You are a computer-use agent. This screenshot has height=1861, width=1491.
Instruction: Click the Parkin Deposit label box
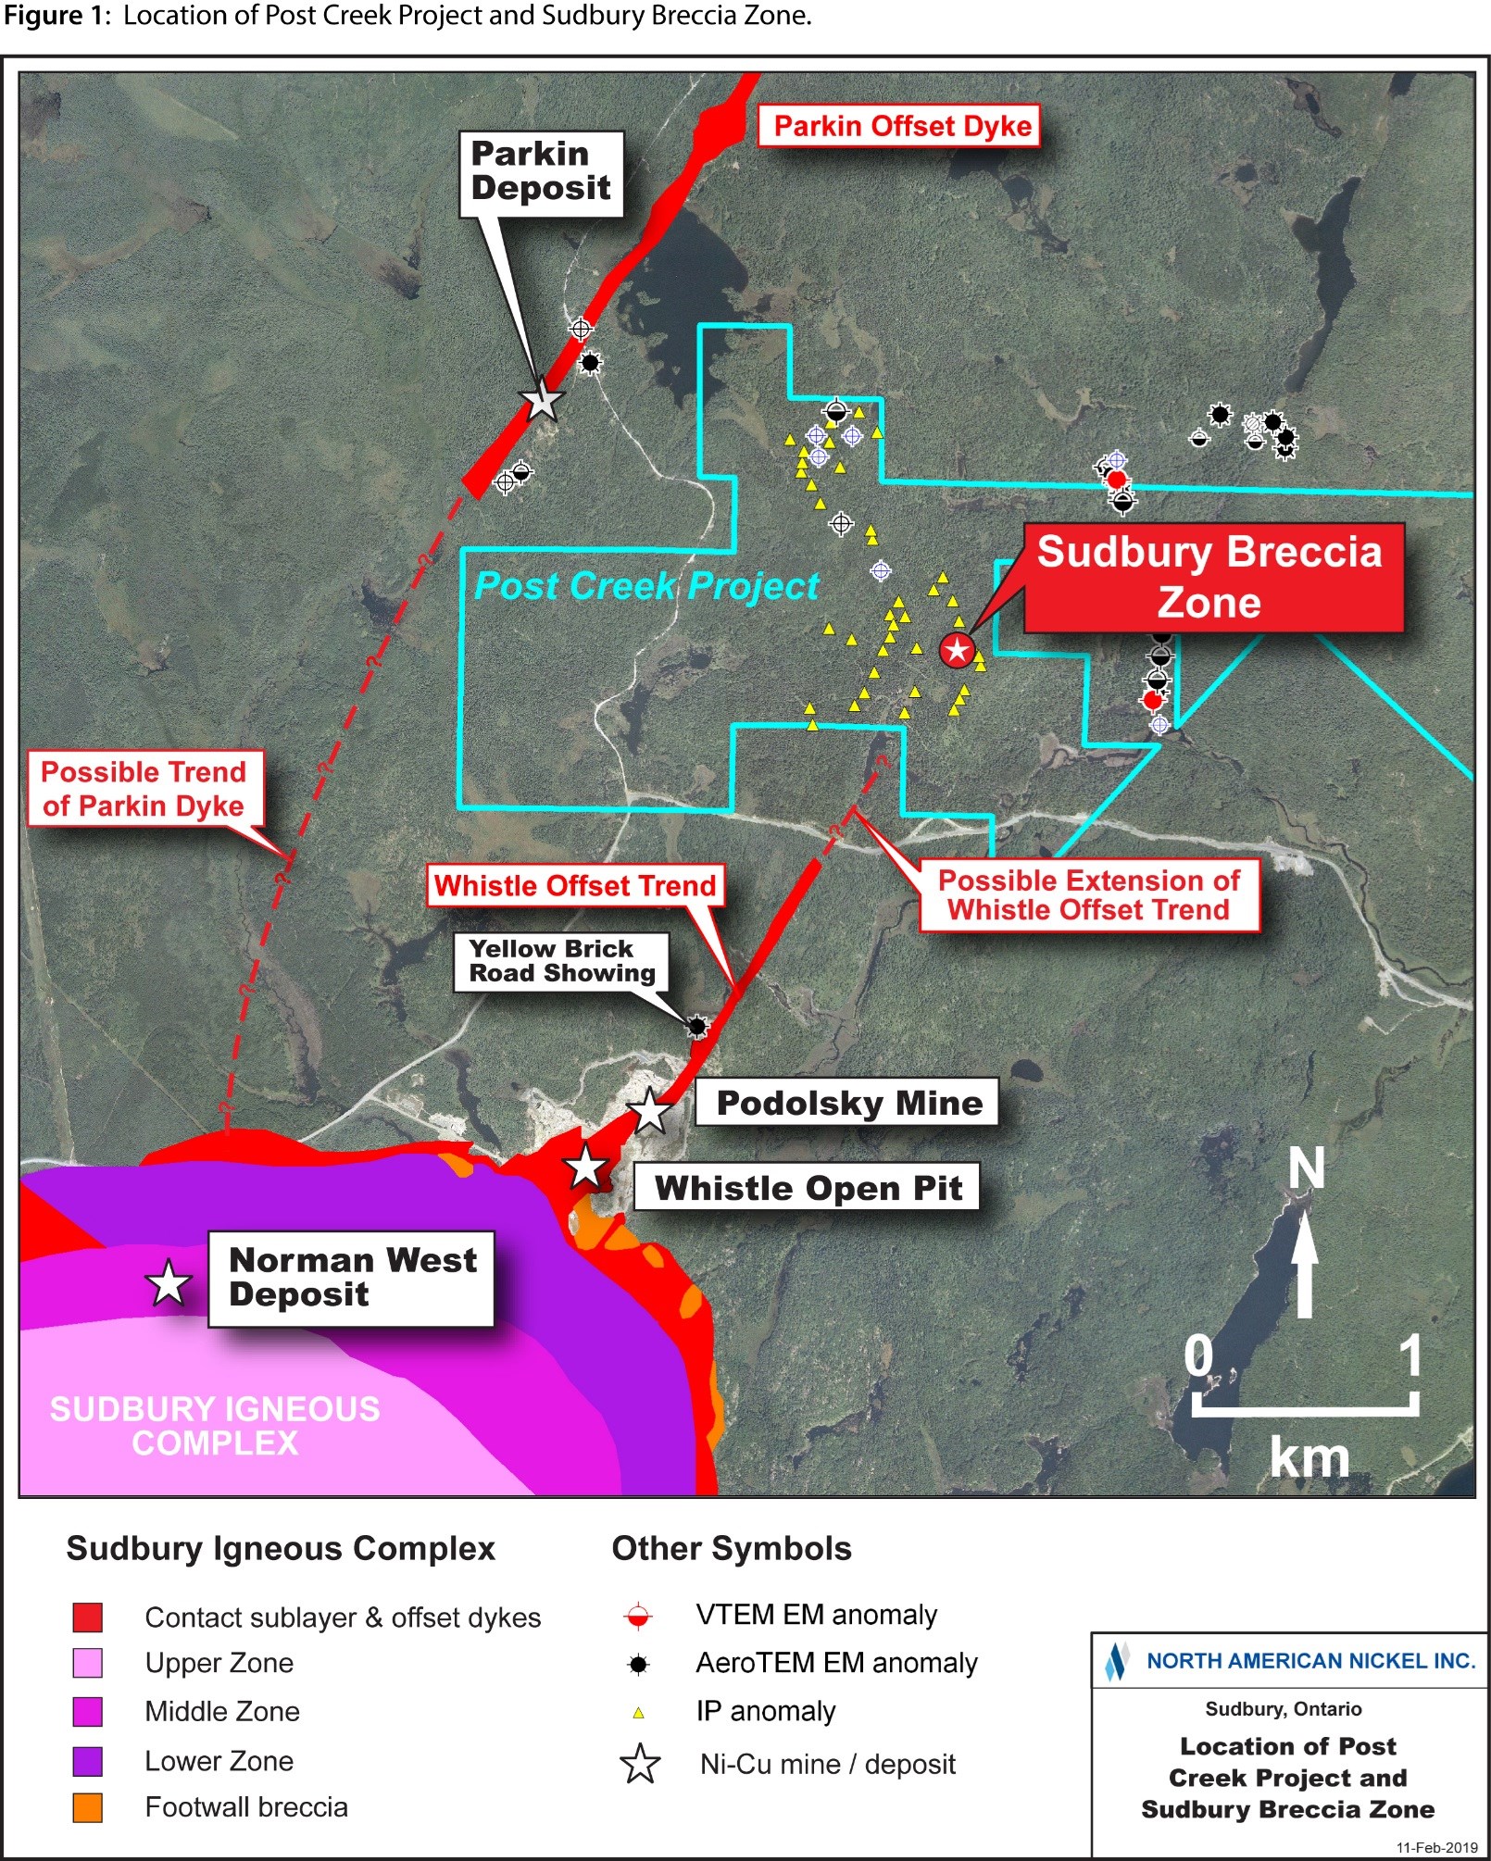[541, 173]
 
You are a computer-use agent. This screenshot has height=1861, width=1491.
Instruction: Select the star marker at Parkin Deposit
[542, 400]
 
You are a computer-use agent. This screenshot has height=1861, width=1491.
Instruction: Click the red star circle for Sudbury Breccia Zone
[957, 650]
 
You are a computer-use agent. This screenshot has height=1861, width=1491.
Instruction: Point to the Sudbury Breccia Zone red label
[1211, 577]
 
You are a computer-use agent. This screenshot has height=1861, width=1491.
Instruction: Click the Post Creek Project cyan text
[646, 586]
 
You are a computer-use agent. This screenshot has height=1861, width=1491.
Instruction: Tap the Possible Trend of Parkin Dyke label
[144, 789]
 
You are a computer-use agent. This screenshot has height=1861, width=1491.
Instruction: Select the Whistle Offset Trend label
[574, 886]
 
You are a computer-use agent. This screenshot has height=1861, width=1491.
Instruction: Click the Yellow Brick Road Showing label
[560, 961]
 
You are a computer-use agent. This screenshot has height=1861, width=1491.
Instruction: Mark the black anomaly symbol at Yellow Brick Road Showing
[696, 1026]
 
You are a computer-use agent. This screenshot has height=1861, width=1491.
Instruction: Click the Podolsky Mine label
[847, 1103]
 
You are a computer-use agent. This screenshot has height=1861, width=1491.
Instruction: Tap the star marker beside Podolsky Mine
[649, 1111]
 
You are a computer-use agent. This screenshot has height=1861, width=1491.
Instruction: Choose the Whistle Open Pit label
[808, 1187]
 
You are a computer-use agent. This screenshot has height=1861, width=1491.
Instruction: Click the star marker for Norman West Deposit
[169, 1283]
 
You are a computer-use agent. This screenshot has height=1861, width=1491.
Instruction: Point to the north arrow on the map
[1305, 1259]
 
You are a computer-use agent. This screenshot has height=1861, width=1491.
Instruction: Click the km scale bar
[1305, 1407]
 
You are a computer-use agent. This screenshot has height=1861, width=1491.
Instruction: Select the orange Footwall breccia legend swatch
[87, 1807]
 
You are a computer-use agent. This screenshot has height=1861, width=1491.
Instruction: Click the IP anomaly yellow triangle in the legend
[638, 1713]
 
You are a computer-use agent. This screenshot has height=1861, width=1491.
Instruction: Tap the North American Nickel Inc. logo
[1115, 1661]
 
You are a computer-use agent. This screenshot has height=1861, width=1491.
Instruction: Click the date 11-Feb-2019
[1436, 1847]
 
